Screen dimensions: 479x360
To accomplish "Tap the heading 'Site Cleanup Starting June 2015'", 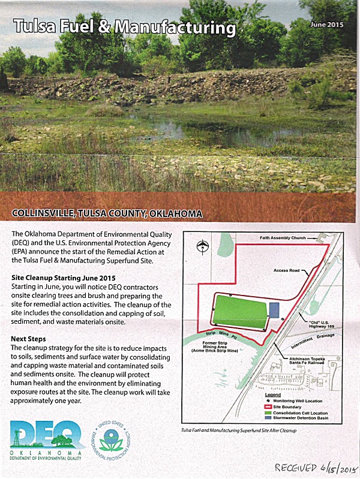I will [63, 279].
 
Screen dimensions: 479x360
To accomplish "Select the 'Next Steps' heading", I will [29, 339].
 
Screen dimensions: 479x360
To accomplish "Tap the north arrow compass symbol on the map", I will [205, 245].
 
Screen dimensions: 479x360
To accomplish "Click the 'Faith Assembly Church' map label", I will [287, 237].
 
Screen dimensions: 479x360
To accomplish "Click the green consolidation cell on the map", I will [239, 312].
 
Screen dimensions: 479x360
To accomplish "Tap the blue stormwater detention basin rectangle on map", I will [274, 310].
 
